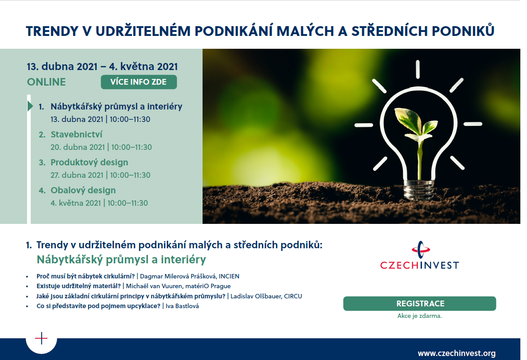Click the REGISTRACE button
pyautogui.click(x=419, y=304)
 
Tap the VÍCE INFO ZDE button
pyautogui.click(x=139, y=82)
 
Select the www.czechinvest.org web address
pyautogui.click(x=457, y=353)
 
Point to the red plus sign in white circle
pyautogui.click(x=41, y=338)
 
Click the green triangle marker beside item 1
pyautogui.click(x=30, y=106)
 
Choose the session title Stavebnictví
pyautogui.click(x=76, y=134)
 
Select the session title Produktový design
pyautogui.click(x=90, y=162)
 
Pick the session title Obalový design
pyautogui.click(x=83, y=190)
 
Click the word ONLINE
pyautogui.click(x=47, y=82)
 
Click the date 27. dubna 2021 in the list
pyautogui.click(x=77, y=175)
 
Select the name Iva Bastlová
pyautogui.click(x=182, y=306)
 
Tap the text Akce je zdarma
pyautogui.click(x=419, y=316)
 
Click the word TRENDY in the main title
pyautogui.click(x=52, y=31)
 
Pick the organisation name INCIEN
pyautogui.click(x=229, y=276)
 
